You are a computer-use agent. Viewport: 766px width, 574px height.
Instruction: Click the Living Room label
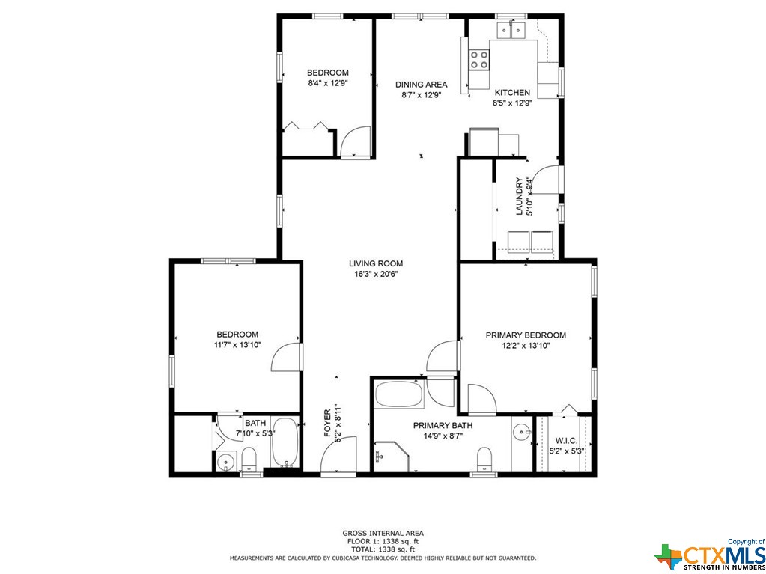(x=376, y=263)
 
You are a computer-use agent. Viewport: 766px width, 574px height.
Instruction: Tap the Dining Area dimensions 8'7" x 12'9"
(x=421, y=95)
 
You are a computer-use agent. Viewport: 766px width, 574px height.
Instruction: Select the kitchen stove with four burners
(x=479, y=60)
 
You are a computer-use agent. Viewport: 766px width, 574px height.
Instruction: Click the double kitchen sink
(x=511, y=31)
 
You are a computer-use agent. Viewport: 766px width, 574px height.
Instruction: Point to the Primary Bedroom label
(x=526, y=335)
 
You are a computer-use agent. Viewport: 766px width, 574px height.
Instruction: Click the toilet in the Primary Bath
(x=484, y=459)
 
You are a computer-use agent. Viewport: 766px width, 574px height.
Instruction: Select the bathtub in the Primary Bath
(x=400, y=394)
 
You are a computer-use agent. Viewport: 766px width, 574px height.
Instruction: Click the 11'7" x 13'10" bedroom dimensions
(x=238, y=344)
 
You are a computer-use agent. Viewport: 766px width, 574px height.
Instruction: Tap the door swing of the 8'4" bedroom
(x=355, y=141)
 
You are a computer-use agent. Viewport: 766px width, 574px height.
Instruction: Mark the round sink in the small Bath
(x=225, y=460)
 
